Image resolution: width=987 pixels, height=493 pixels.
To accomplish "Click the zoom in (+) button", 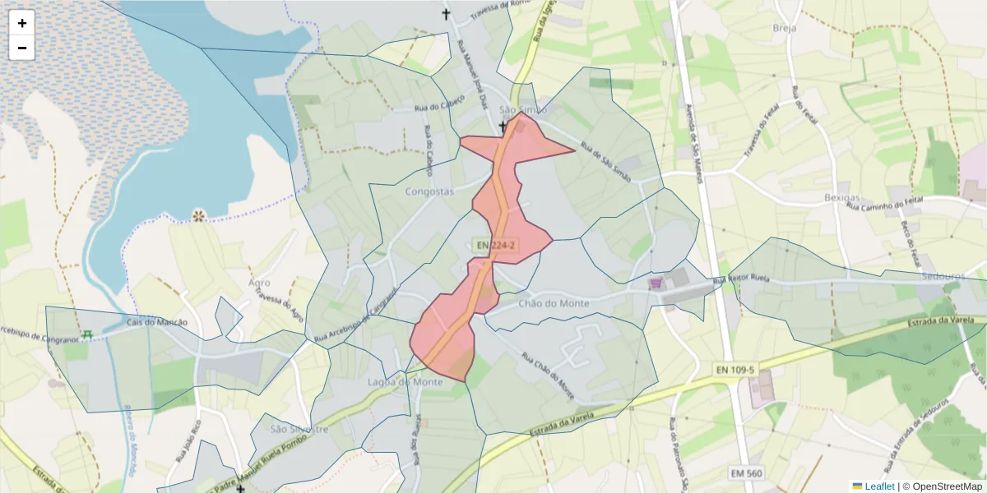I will tap(22, 23).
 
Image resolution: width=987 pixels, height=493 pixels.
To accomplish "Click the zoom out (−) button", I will tap(22, 48).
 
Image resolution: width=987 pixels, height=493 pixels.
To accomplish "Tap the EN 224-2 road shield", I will tap(494, 245).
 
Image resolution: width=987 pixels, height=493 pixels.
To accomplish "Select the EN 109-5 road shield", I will tap(734, 371).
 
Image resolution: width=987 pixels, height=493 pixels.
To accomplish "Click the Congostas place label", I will tap(429, 191).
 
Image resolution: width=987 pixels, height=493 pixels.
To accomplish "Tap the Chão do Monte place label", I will tap(554, 303).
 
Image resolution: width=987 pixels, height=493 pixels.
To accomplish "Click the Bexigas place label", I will tap(841, 198).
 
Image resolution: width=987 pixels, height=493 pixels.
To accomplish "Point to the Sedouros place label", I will tap(943, 276).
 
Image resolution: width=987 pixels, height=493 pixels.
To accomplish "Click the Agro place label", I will tap(259, 283).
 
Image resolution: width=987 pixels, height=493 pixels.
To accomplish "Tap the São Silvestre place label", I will tap(299, 429).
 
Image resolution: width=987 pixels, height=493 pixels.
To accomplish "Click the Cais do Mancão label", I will tap(158, 322).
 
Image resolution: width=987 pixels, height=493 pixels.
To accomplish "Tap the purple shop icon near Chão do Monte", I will tap(656, 283).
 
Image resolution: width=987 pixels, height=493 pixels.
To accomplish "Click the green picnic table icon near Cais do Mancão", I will tap(86, 334).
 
